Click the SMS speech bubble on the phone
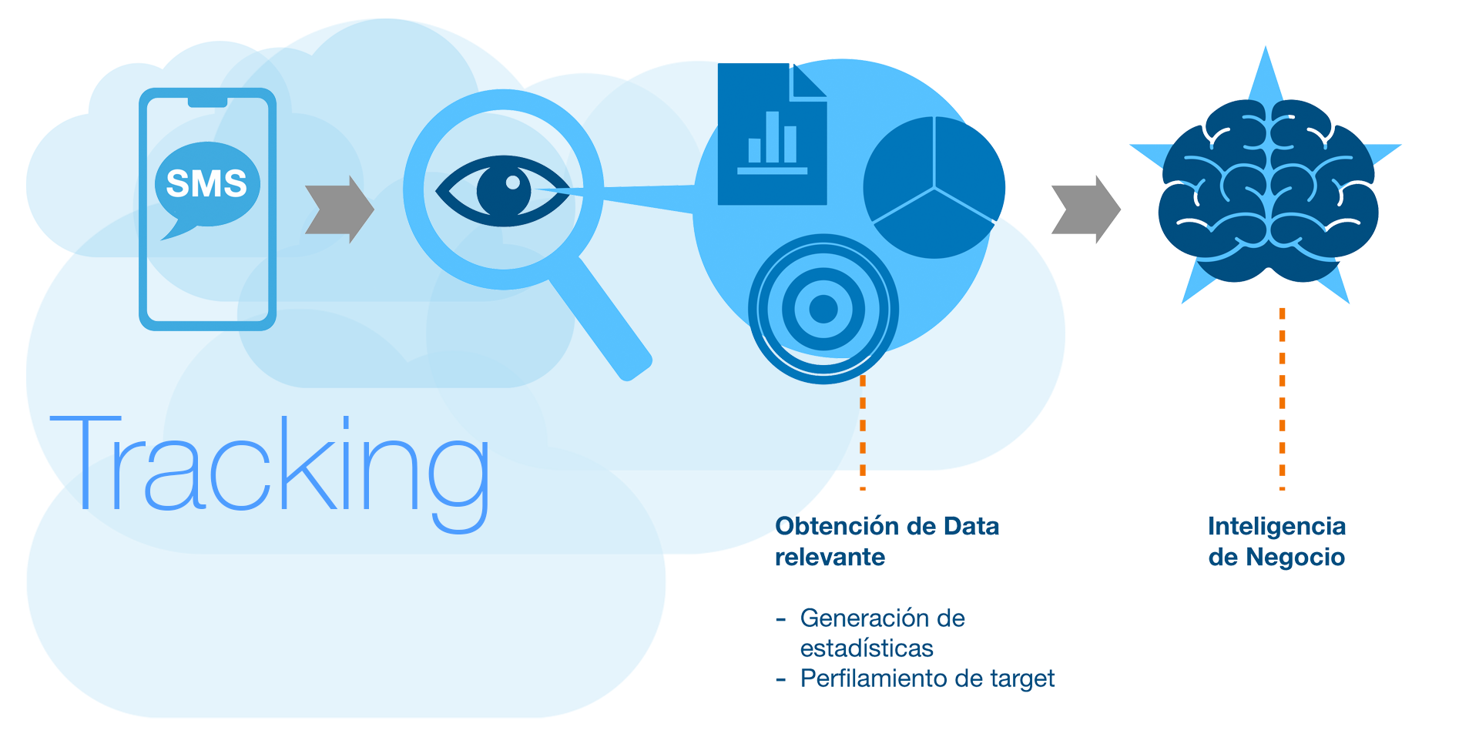(206, 185)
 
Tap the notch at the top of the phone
(207, 102)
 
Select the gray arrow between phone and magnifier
(339, 209)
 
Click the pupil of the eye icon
(505, 189)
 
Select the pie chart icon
(934, 187)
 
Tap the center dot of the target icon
(823, 309)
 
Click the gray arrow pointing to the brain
(1085, 209)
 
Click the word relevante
(830, 557)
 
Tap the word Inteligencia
(1276, 527)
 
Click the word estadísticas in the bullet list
(867, 648)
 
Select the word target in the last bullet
(1021, 678)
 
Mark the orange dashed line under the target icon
(863, 431)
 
